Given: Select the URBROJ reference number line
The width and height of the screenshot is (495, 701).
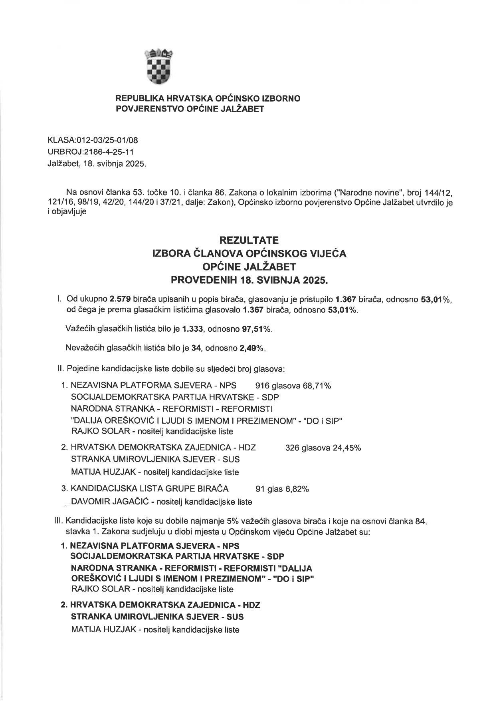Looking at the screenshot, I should (91, 152).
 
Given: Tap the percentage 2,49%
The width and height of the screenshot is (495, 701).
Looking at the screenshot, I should (251, 348).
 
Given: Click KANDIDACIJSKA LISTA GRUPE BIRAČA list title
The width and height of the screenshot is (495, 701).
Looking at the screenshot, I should (149, 489).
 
